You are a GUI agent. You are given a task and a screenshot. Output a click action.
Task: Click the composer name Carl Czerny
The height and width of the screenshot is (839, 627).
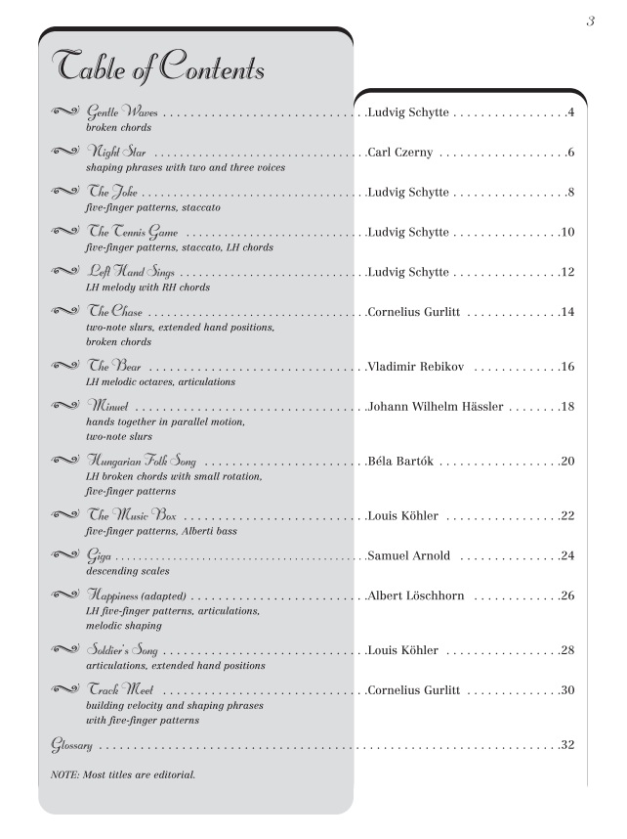click(407, 154)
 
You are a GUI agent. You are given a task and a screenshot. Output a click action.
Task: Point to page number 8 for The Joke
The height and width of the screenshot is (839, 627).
click(570, 193)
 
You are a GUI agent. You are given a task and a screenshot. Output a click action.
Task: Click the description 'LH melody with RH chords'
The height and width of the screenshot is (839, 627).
click(147, 287)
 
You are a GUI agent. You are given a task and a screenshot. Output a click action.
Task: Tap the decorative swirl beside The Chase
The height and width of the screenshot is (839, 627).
click(64, 312)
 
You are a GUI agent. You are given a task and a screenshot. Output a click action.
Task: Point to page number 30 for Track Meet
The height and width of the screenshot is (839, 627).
click(567, 690)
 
